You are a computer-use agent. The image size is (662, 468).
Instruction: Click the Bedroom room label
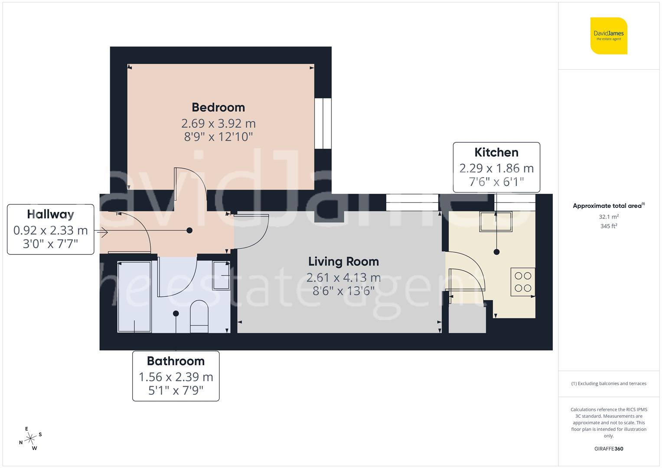pyautogui.click(x=218, y=107)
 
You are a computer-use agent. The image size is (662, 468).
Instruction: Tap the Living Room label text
pyautogui.click(x=343, y=262)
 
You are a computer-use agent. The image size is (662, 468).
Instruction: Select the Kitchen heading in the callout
pyautogui.click(x=496, y=153)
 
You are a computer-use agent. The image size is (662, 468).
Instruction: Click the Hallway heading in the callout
pyautogui.click(x=50, y=214)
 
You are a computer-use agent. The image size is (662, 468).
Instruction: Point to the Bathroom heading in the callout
pyautogui.click(x=176, y=361)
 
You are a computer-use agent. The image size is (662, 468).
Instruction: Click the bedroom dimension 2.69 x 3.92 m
pyautogui.click(x=218, y=123)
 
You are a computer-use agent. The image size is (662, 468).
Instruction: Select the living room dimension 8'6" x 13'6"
pyautogui.click(x=343, y=291)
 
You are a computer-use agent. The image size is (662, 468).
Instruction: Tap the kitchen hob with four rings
pyautogui.click(x=523, y=282)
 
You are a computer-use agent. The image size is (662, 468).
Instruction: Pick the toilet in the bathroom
pyautogui.click(x=199, y=316)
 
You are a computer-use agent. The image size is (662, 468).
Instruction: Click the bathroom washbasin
pyautogui.click(x=221, y=275)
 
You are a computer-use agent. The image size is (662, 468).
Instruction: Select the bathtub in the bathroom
pyautogui.click(x=134, y=297)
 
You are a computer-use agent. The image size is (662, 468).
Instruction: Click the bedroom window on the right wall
pyautogui.click(x=323, y=123)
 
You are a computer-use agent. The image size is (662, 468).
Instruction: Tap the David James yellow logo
pyautogui.click(x=609, y=36)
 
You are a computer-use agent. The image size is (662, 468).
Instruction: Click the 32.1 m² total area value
pyautogui.click(x=609, y=217)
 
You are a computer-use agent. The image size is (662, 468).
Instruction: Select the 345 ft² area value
pyautogui.click(x=609, y=226)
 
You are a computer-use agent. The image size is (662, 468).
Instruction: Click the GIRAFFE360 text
pyautogui.click(x=609, y=449)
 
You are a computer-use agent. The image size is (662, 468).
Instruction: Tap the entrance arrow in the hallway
pyautogui.click(x=103, y=233)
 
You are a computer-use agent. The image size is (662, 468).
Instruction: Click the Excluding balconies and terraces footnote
pyautogui.click(x=609, y=383)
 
